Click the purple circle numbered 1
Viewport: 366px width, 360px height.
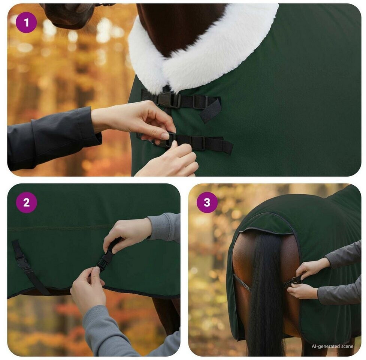[26, 22]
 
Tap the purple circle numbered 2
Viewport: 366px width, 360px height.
[26, 202]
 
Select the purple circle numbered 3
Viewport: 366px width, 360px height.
[207, 202]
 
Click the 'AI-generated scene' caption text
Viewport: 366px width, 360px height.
[332, 346]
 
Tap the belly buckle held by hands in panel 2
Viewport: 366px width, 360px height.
[105, 261]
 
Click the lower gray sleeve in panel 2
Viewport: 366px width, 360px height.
[117, 332]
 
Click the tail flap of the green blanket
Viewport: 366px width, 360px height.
[266, 223]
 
